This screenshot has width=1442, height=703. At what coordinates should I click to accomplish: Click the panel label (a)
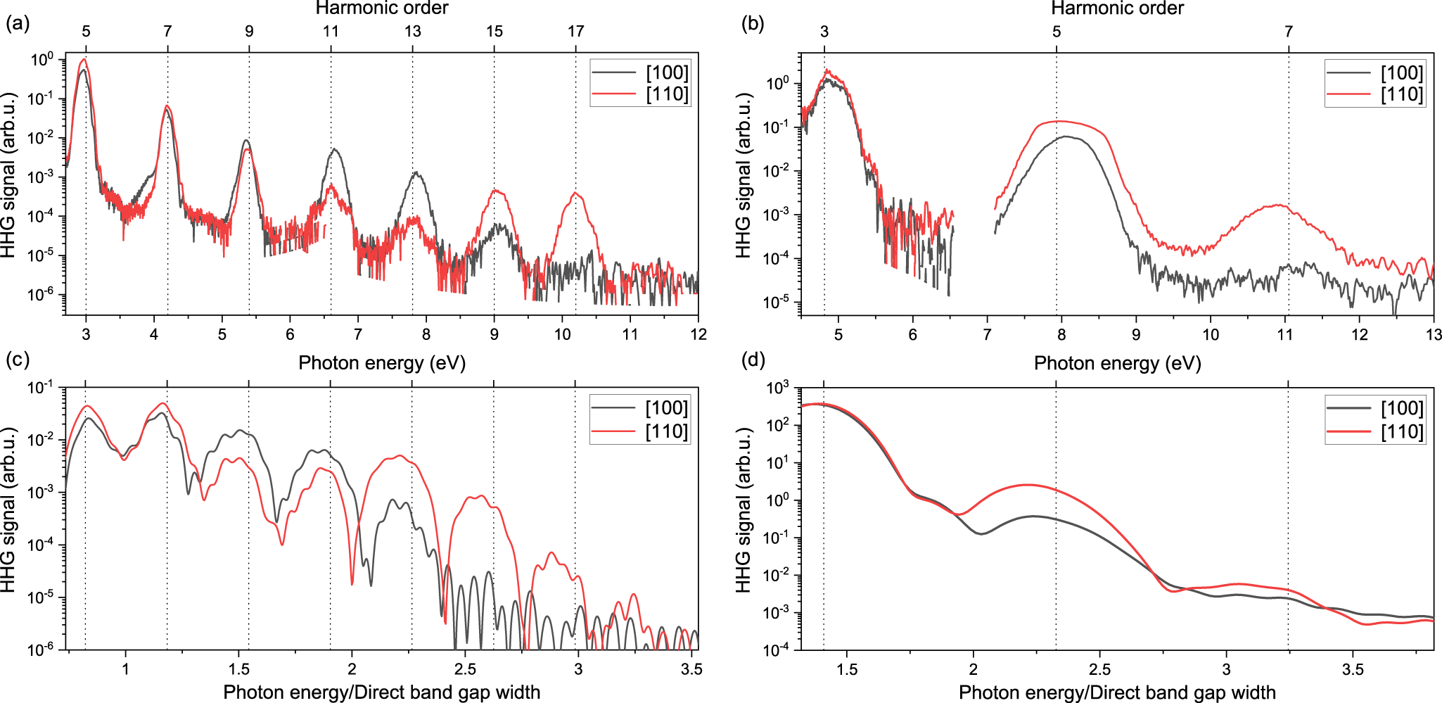click(18, 24)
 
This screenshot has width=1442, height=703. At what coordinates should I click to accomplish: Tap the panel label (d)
click(753, 360)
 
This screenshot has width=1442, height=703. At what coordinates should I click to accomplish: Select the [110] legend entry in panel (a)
click(667, 94)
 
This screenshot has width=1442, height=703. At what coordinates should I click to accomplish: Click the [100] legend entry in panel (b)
click(1401, 72)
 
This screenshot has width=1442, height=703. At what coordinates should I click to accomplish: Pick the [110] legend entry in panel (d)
click(1401, 431)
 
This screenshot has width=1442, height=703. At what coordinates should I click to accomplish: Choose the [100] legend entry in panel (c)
click(666, 408)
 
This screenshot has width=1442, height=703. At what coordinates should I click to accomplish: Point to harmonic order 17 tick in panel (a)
click(575, 31)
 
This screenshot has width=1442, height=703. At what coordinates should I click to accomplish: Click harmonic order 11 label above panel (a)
click(331, 31)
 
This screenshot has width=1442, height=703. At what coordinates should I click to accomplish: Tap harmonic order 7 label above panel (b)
click(1288, 31)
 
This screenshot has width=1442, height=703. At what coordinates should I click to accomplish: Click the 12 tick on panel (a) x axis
click(698, 334)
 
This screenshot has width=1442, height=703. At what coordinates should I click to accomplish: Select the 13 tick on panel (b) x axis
click(1433, 334)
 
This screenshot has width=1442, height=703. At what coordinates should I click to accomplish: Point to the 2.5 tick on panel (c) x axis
click(465, 669)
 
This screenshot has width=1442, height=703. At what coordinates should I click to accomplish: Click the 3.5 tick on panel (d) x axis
click(1352, 669)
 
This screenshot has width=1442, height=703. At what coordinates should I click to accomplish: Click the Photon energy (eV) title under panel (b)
click(1117, 363)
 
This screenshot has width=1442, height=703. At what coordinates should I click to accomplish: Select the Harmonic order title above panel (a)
click(381, 8)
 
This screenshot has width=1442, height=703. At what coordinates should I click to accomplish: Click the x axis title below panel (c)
click(381, 692)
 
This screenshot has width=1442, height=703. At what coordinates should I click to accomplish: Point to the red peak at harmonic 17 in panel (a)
click(575, 193)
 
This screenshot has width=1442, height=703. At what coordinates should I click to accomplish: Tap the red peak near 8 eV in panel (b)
click(1059, 121)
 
